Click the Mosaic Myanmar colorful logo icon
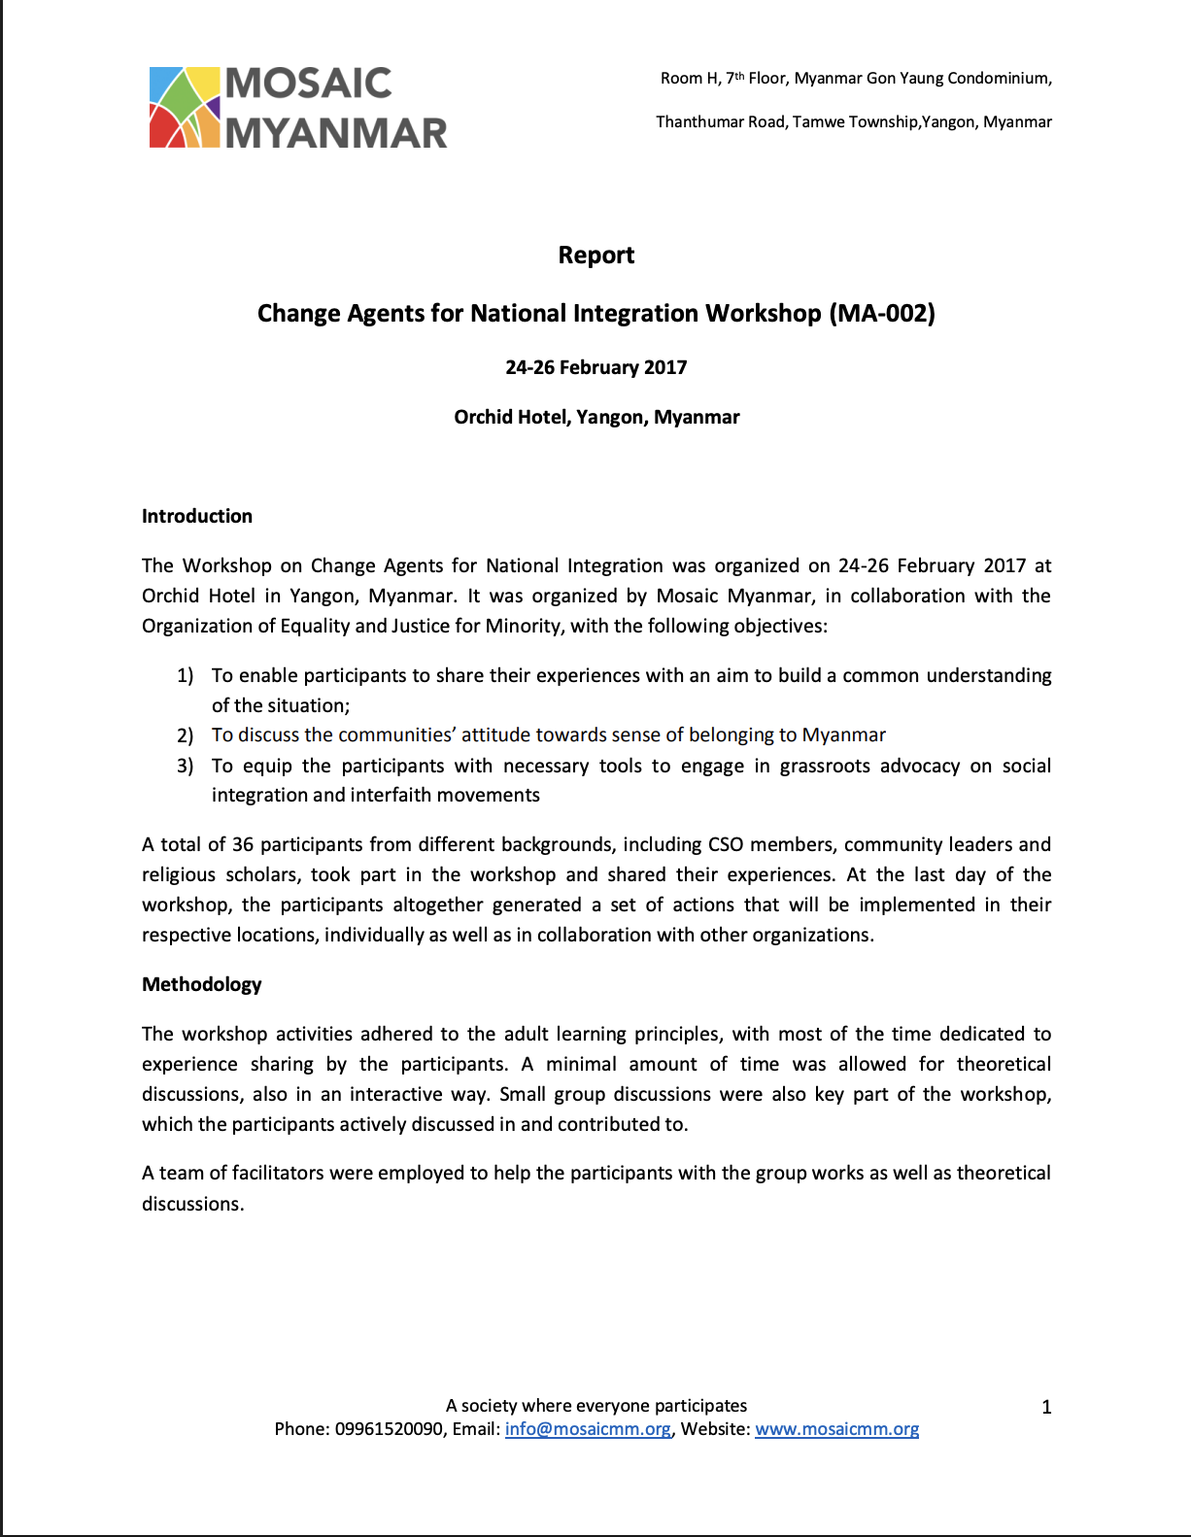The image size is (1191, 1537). (185, 107)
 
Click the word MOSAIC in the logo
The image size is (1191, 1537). (308, 84)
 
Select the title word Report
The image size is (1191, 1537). (595, 255)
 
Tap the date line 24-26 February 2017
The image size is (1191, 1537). (595, 367)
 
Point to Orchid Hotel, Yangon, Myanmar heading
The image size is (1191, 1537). (596, 417)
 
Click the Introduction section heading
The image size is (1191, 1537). (197, 516)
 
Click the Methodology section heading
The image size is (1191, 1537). (202, 984)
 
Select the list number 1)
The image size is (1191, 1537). (185, 675)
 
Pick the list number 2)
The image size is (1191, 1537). (185, 735)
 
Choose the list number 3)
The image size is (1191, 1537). (185, 766)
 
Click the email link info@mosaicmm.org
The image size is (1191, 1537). (588, 1429)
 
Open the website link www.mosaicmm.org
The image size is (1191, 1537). (836, 1429)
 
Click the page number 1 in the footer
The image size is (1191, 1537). (1046, 1407)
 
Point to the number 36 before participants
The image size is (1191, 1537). (243, 844)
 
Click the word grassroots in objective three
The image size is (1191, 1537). (825, 766)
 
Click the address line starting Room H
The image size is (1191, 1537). (856, 78)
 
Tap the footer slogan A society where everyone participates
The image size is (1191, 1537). (596, 1406)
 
